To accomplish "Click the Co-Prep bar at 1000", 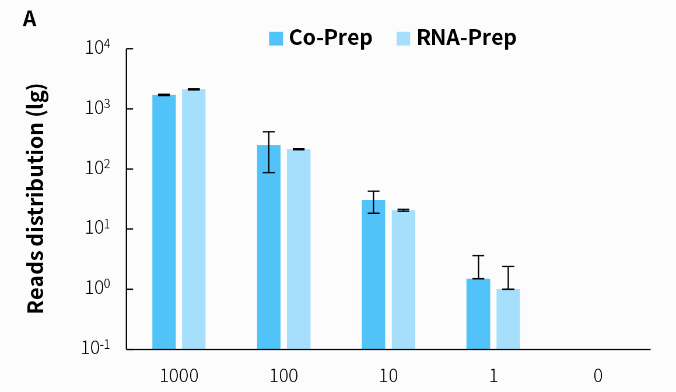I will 164,222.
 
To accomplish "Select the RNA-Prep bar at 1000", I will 194,219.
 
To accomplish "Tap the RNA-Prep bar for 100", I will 299,249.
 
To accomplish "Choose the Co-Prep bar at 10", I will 373,274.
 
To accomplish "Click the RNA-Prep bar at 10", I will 403,279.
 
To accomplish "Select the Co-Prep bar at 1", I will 478,314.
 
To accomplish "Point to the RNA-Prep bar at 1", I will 508,319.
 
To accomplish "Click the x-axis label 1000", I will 179,375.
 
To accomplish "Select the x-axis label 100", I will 284,375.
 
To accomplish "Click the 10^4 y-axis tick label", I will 98,48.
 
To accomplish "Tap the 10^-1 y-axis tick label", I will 96,348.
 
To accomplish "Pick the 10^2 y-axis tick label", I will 98,168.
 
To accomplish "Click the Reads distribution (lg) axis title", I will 36,199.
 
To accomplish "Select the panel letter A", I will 30,19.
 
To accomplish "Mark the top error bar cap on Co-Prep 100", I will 269,132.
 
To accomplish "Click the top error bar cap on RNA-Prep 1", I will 508,266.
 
